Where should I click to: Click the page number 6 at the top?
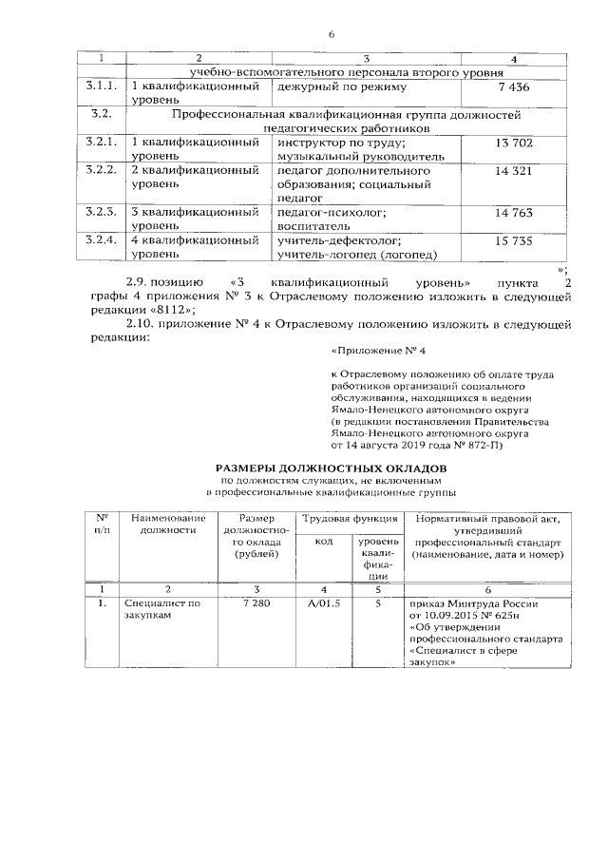click(x=332, y=35)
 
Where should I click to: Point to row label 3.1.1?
click(x=100, y=87)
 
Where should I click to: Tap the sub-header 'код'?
click(x=323, y=542)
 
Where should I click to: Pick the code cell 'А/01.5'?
click(x=324, y=603)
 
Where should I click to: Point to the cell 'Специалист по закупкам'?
click(x=162, y=610)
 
